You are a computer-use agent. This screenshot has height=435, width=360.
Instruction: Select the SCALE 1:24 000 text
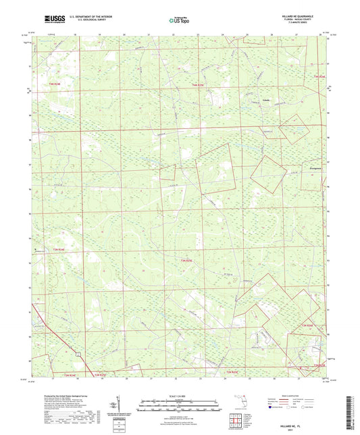180,395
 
